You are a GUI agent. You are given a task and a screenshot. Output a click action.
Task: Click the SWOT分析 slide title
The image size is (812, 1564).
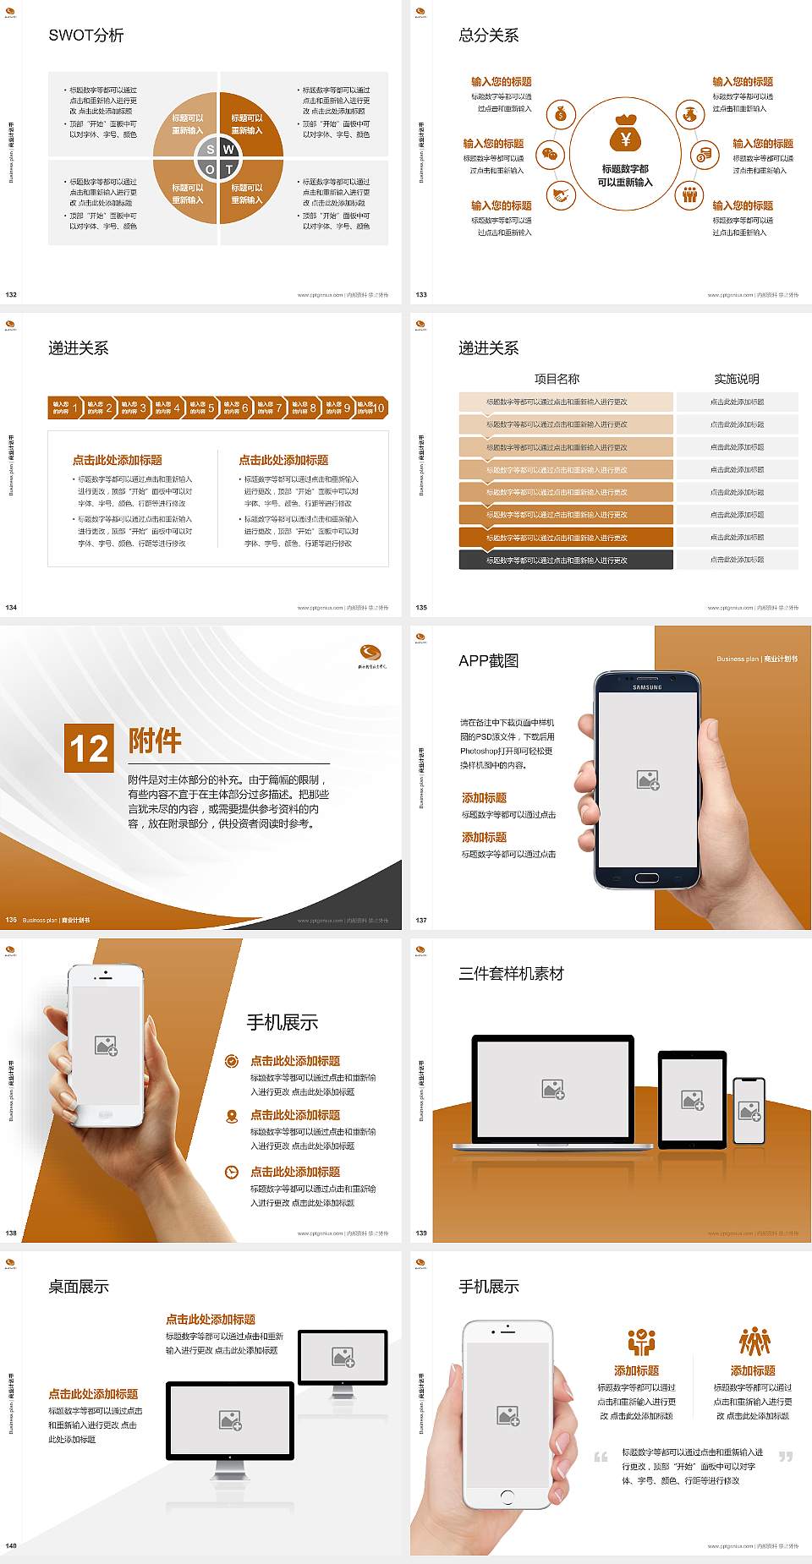86,36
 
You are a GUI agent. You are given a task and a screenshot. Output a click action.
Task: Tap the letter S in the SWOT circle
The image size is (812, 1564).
211,150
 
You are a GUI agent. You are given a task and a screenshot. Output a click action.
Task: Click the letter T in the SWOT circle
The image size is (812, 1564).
229,169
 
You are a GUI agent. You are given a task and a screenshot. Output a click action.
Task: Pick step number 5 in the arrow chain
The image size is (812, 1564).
211,407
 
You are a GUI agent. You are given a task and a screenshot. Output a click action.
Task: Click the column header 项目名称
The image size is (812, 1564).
557,379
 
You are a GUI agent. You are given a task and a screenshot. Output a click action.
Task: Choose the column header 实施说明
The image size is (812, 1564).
737,379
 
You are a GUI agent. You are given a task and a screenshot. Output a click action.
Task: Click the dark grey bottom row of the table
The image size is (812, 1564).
566,560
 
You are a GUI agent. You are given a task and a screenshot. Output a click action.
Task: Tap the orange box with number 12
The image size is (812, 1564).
89,748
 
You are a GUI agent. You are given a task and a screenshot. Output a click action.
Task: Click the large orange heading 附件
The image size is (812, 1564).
155,741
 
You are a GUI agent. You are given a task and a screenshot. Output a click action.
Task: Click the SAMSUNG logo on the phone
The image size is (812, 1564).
647,687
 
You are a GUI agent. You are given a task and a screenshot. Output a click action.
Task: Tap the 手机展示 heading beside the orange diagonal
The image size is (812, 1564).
283,1022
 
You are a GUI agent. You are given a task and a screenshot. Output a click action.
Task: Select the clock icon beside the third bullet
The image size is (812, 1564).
232,1172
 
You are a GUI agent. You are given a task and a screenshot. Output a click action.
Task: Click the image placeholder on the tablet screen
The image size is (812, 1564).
692,1099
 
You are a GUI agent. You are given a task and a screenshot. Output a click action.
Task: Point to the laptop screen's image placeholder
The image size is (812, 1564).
553,1089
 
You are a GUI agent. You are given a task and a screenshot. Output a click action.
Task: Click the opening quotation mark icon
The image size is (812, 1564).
601,1457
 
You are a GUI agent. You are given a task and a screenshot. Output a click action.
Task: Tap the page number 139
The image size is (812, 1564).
421,1233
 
